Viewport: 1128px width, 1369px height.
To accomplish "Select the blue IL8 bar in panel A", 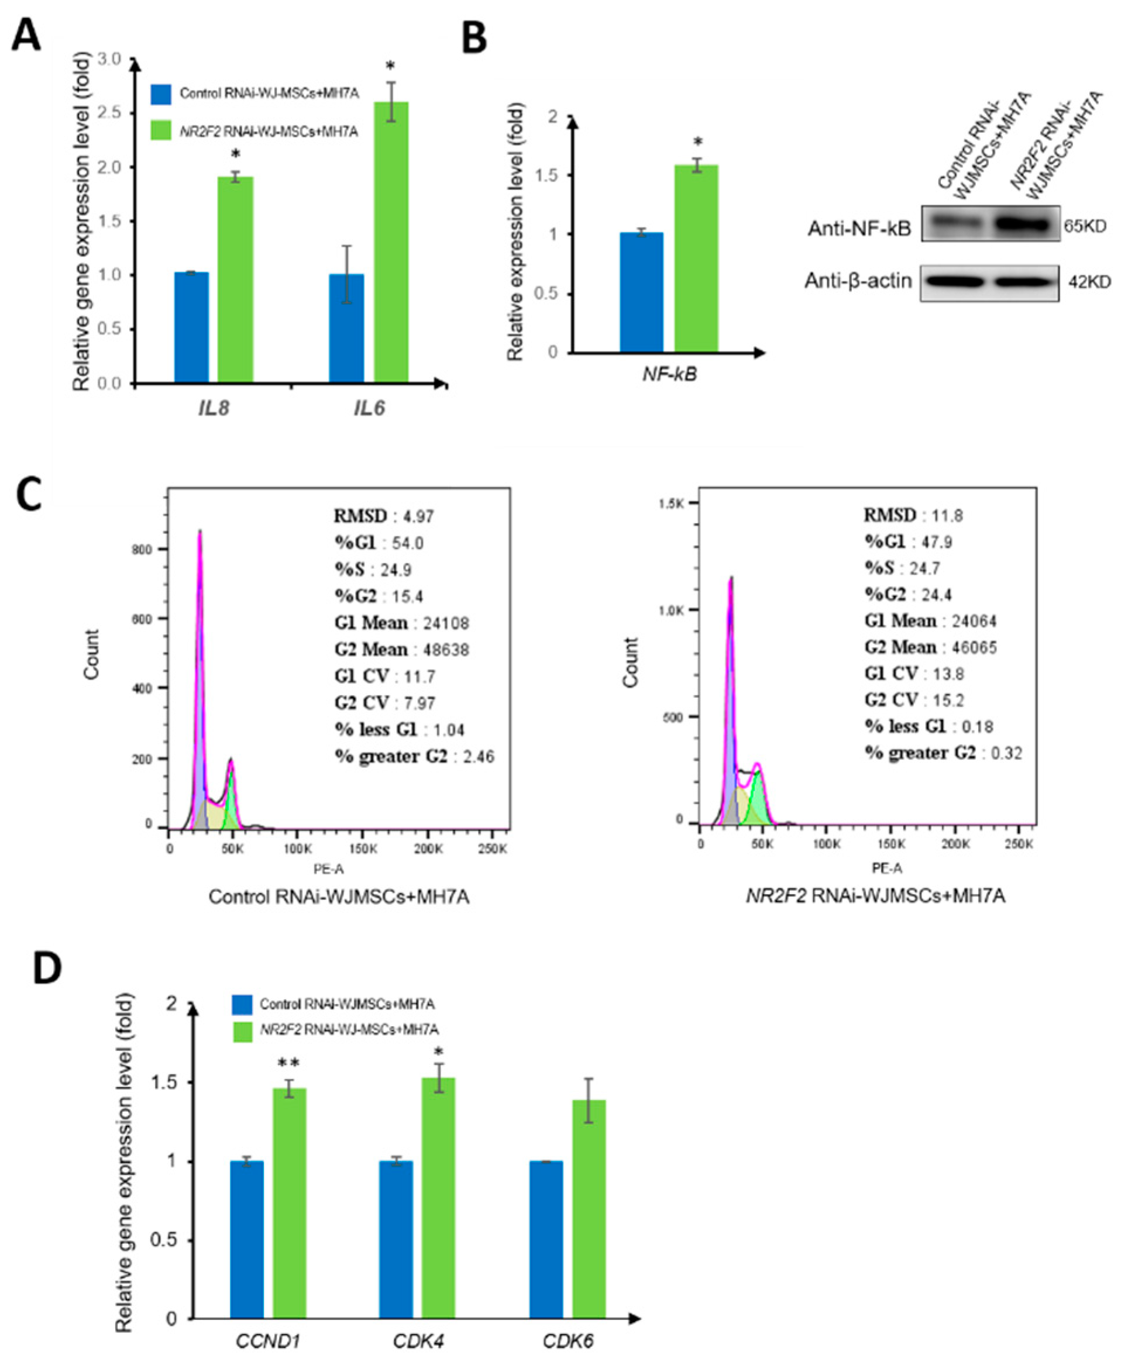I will [x=192, y=327].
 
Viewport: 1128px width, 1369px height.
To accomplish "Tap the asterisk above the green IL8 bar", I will [x=235, y=154].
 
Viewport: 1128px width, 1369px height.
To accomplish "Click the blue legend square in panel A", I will [x=161, y=94].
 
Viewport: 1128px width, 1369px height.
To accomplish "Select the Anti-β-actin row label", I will [x=858, y=281].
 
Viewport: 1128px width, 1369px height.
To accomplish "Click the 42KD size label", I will [x=1089, y=282].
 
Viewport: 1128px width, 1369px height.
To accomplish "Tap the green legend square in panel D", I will [x=242, y=1030].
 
